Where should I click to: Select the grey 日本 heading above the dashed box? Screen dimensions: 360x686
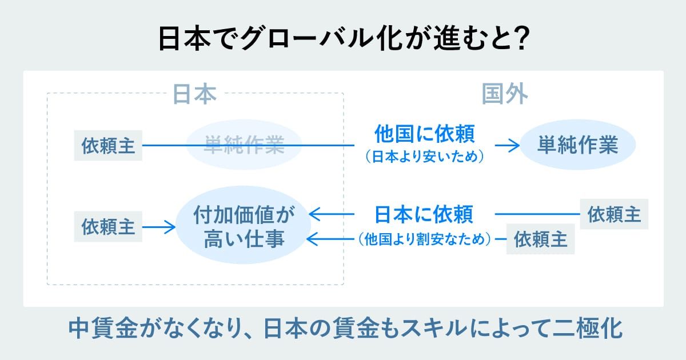[194, 94]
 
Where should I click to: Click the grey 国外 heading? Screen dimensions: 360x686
[504, 94]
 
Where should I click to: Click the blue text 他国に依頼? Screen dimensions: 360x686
[424, 135]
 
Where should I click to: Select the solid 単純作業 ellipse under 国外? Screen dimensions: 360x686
[577, 145]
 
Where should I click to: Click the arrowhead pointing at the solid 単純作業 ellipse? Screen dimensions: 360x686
[514, 145]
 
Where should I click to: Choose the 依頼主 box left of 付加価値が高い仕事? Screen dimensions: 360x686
[108, 227]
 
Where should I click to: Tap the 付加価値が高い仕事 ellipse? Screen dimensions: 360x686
[244, 227]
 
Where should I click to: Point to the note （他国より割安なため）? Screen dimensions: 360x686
[424, 239]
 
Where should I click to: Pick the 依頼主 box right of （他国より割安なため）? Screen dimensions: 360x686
[541, 239]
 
